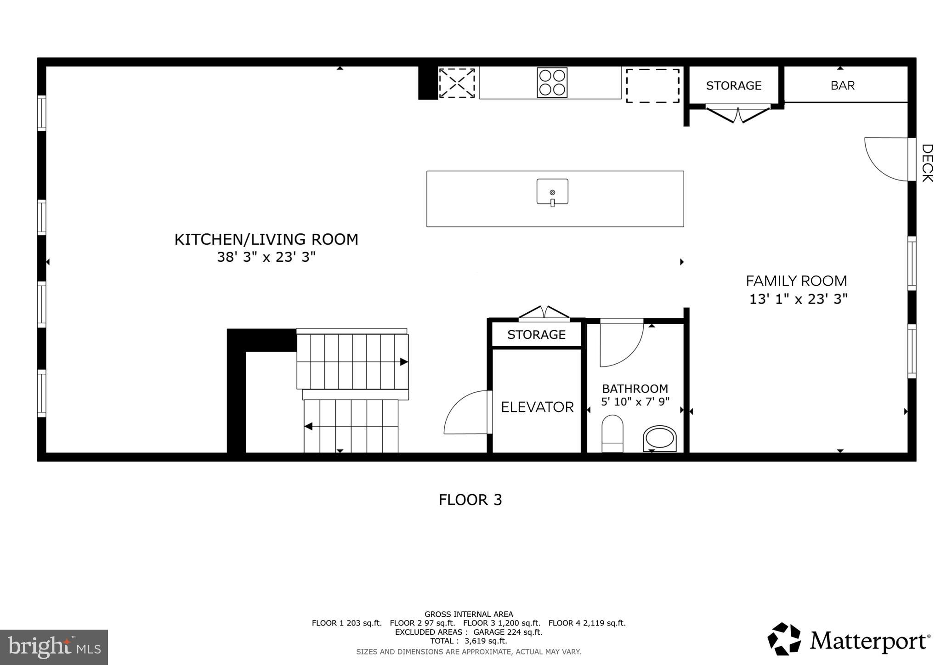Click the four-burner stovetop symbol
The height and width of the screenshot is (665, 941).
[x=552, y=83]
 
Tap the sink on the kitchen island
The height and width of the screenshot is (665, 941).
[x=552, y=192]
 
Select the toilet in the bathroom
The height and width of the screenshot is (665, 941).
[x=612, y=434]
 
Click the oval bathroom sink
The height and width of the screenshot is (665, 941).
[x=659, y=439]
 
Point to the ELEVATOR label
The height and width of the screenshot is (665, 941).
[x=537, y=407]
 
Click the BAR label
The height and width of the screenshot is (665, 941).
[x=842, y=85]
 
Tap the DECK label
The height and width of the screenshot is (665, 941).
[x=927, y=163]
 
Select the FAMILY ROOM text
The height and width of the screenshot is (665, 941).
[x=796, y=281]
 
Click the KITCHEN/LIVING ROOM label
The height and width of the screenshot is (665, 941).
[x=266, y=239]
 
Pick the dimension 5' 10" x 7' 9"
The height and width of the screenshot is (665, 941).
[x=635, y=402]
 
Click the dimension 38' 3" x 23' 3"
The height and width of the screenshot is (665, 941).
[x=266, y=257]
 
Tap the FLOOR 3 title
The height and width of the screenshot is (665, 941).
[x=470, y=500]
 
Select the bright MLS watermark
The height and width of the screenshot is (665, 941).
[x=54, y=648]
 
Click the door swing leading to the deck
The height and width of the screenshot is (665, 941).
[x=884, y=158]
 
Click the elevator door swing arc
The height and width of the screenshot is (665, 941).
[x=465, y=412]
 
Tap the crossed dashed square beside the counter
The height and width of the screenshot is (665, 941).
[x=456, y=83]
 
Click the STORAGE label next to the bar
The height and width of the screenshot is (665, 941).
[x=733, y=85]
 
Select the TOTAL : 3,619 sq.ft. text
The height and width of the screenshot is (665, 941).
[x=468, y=641]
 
